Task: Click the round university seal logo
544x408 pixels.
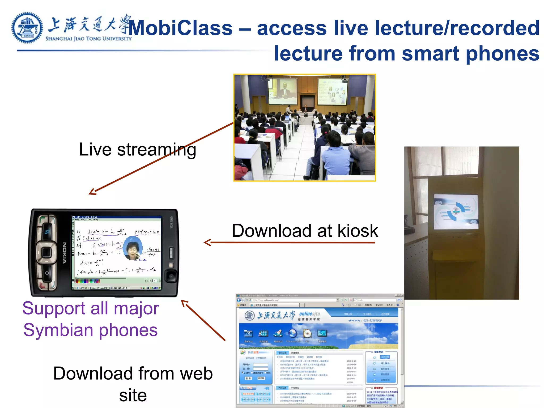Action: (x=27, y=28)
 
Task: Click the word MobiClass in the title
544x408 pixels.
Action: (x=180, y=28)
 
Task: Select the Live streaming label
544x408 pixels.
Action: (x=138, y=150)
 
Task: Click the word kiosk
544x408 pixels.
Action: (x=358, y=231)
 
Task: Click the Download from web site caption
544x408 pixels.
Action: (x=133, y=384)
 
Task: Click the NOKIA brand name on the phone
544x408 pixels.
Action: (x=65, y=253)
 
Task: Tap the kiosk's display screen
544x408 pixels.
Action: (x=456, y=212)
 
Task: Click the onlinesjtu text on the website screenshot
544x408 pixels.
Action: (x=309, y=314)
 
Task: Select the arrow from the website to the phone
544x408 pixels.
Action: (x=203, y=320)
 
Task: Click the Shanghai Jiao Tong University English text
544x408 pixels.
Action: (x=88, y=39)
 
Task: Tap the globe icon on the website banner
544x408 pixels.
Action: (x=292, y=333)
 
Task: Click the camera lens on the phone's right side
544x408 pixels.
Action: (x=171, y=276)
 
